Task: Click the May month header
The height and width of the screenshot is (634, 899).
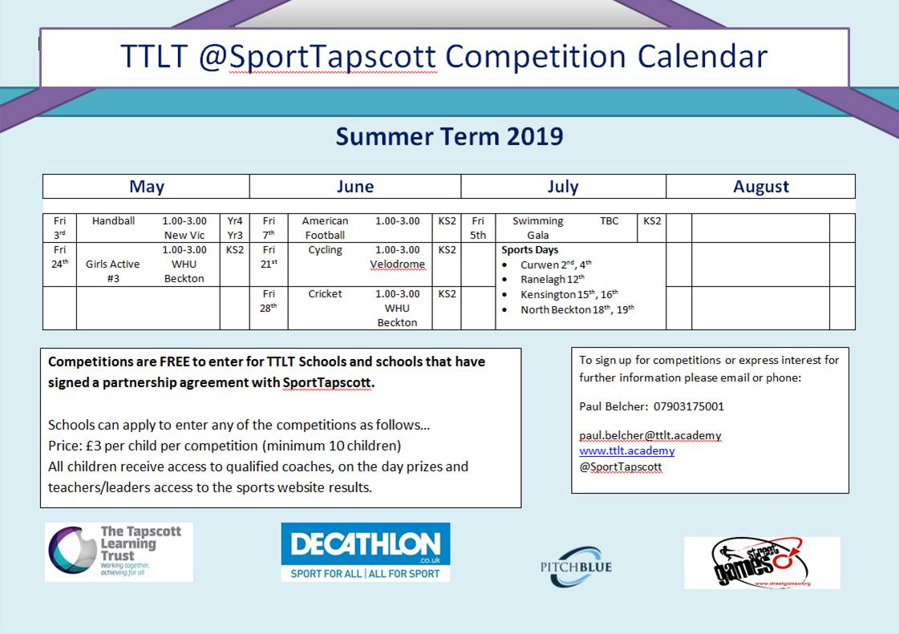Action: (x=147, y=186)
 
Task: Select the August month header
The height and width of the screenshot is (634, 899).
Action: (x=761, y=186)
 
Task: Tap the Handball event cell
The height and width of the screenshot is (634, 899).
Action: (x=113, y=220)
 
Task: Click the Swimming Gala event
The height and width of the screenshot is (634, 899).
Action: (x=538, y=228)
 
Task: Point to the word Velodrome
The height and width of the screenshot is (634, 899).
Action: (x=397, y=265)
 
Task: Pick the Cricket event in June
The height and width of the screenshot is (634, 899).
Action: (x=325, y=293)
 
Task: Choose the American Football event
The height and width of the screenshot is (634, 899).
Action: (x=325, y=228)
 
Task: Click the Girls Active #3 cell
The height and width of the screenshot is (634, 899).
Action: (x=113, y=271)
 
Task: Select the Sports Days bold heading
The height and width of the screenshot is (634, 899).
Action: (x=530, y=250)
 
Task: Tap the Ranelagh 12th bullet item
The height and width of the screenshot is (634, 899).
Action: (x=552, y=279)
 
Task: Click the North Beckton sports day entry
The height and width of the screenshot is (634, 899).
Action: (x=577, y=309)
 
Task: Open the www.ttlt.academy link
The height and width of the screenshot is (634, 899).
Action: (x=626, y=450)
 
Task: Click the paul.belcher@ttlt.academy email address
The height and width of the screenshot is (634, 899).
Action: (x=650, y=435)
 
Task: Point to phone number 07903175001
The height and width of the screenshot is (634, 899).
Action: (x=689, y=406)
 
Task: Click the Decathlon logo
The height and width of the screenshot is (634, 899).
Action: (x=365, y=552)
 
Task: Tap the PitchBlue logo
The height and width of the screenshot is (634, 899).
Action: (x=576, y=567)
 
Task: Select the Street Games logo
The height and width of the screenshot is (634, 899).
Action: (x=762, y=563)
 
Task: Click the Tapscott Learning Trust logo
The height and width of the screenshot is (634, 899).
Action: (x=119, y=552)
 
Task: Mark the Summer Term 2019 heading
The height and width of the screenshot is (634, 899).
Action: (x=449, y=136)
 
